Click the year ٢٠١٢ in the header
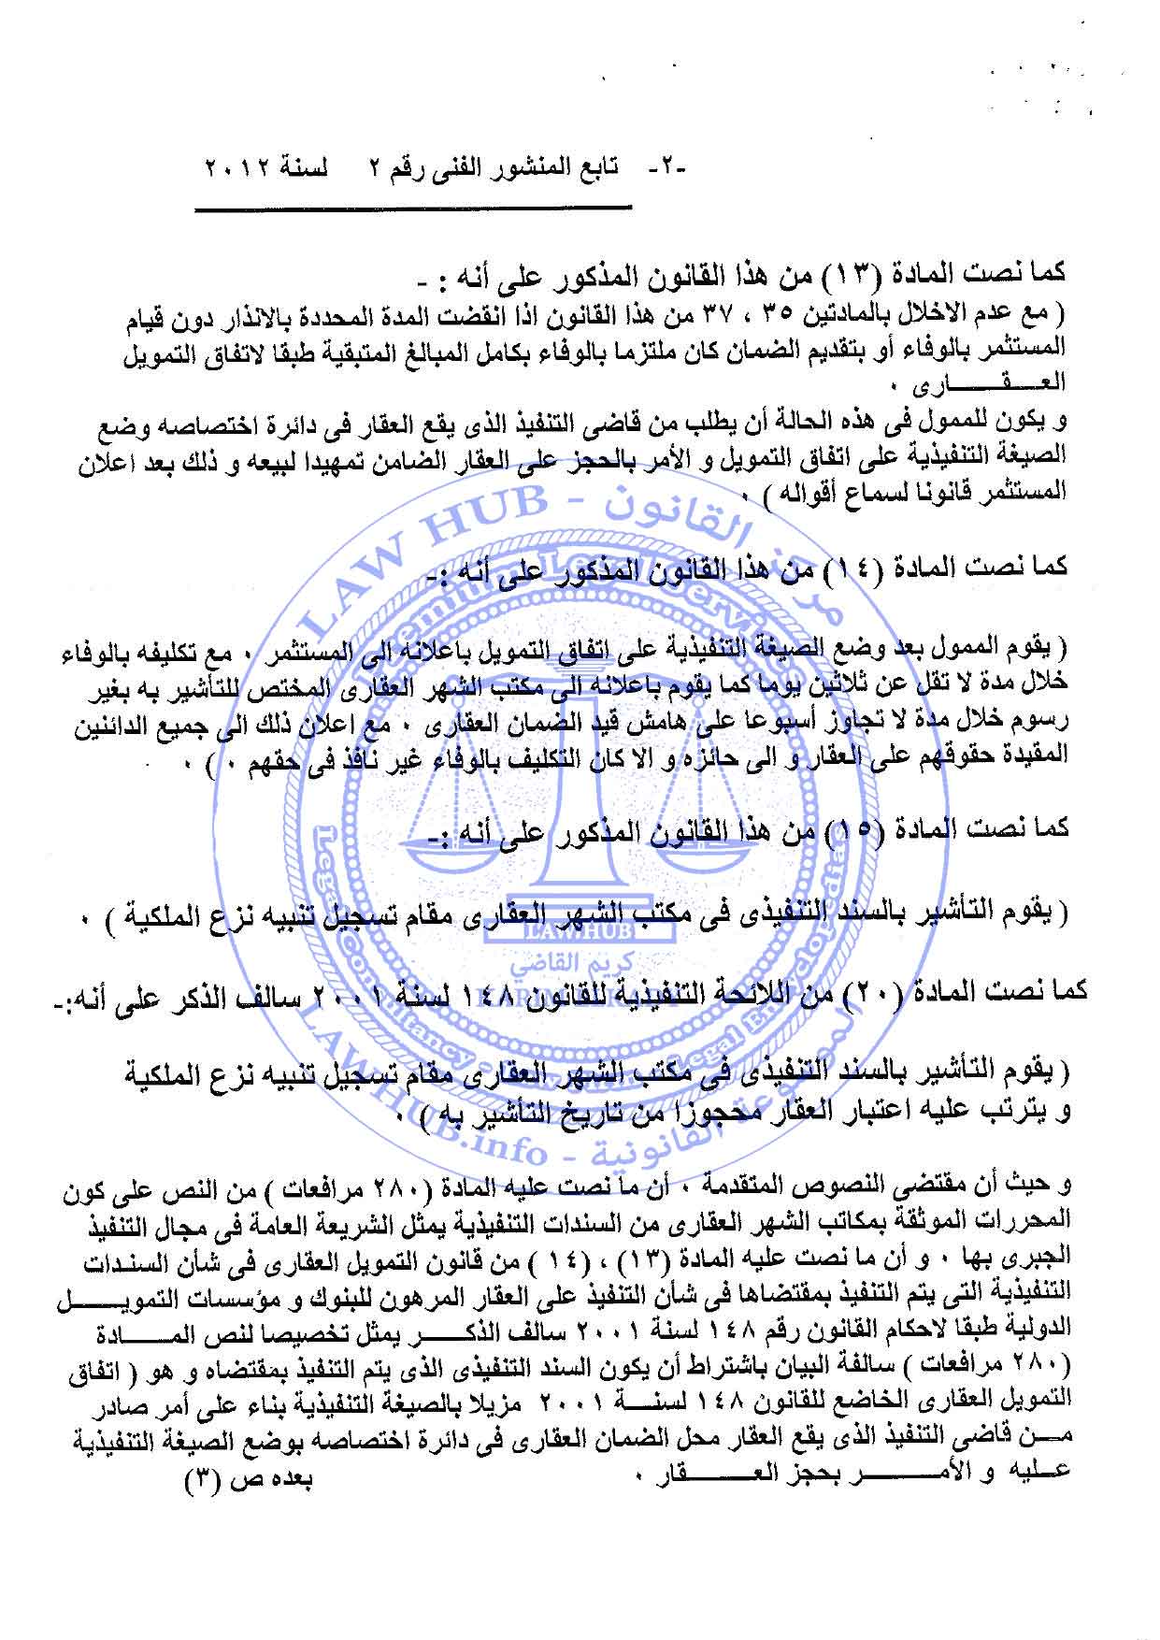pos(233,174)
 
